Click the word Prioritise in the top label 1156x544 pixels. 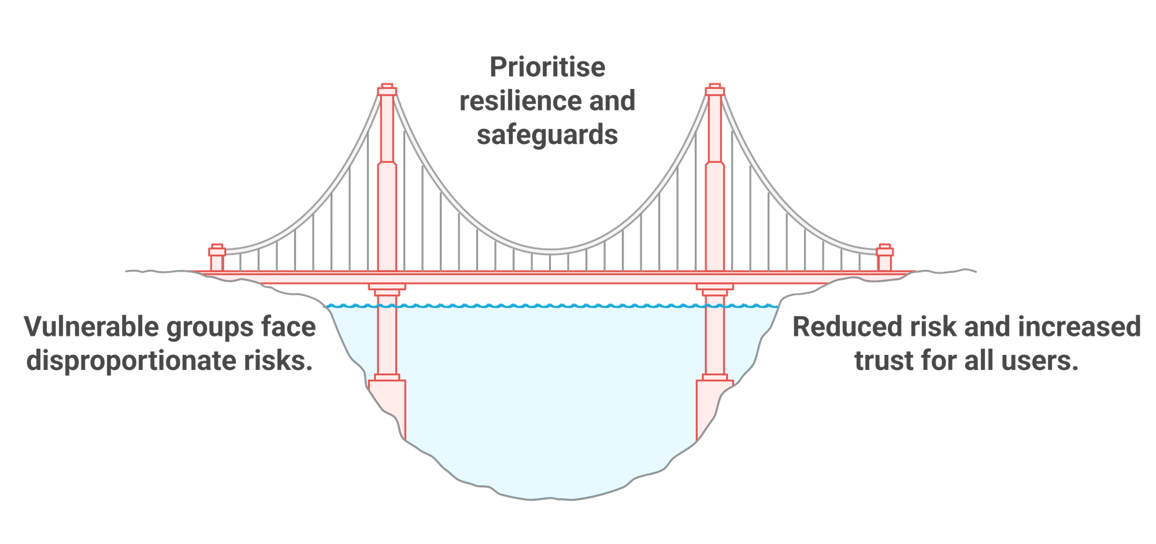click(x=547, y=67)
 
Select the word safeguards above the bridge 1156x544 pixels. click(x=547, y=135)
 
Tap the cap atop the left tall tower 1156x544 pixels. click(x=387, y=90)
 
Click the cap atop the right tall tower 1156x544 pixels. click(x=715, y=90)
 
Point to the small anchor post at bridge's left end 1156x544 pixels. click(x=217, y=258)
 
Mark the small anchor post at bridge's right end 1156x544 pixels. click(x=884, y=258)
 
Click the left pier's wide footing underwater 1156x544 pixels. click(x=388, y=408)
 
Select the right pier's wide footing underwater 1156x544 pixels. click(x=714, y=408)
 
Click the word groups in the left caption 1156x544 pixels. click(x=210, y=328)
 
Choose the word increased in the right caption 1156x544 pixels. click(x=1079, y=327)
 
